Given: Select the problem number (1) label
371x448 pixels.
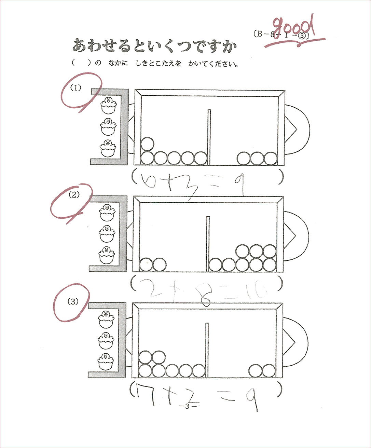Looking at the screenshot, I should click(76, 87).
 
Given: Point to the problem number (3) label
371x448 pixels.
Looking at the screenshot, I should click(73, 301).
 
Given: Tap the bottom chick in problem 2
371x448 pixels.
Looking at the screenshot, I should click(107, 255).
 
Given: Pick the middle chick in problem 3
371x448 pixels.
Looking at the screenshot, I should click(106, 340).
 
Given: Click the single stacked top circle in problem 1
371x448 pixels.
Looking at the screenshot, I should click(147, 144).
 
